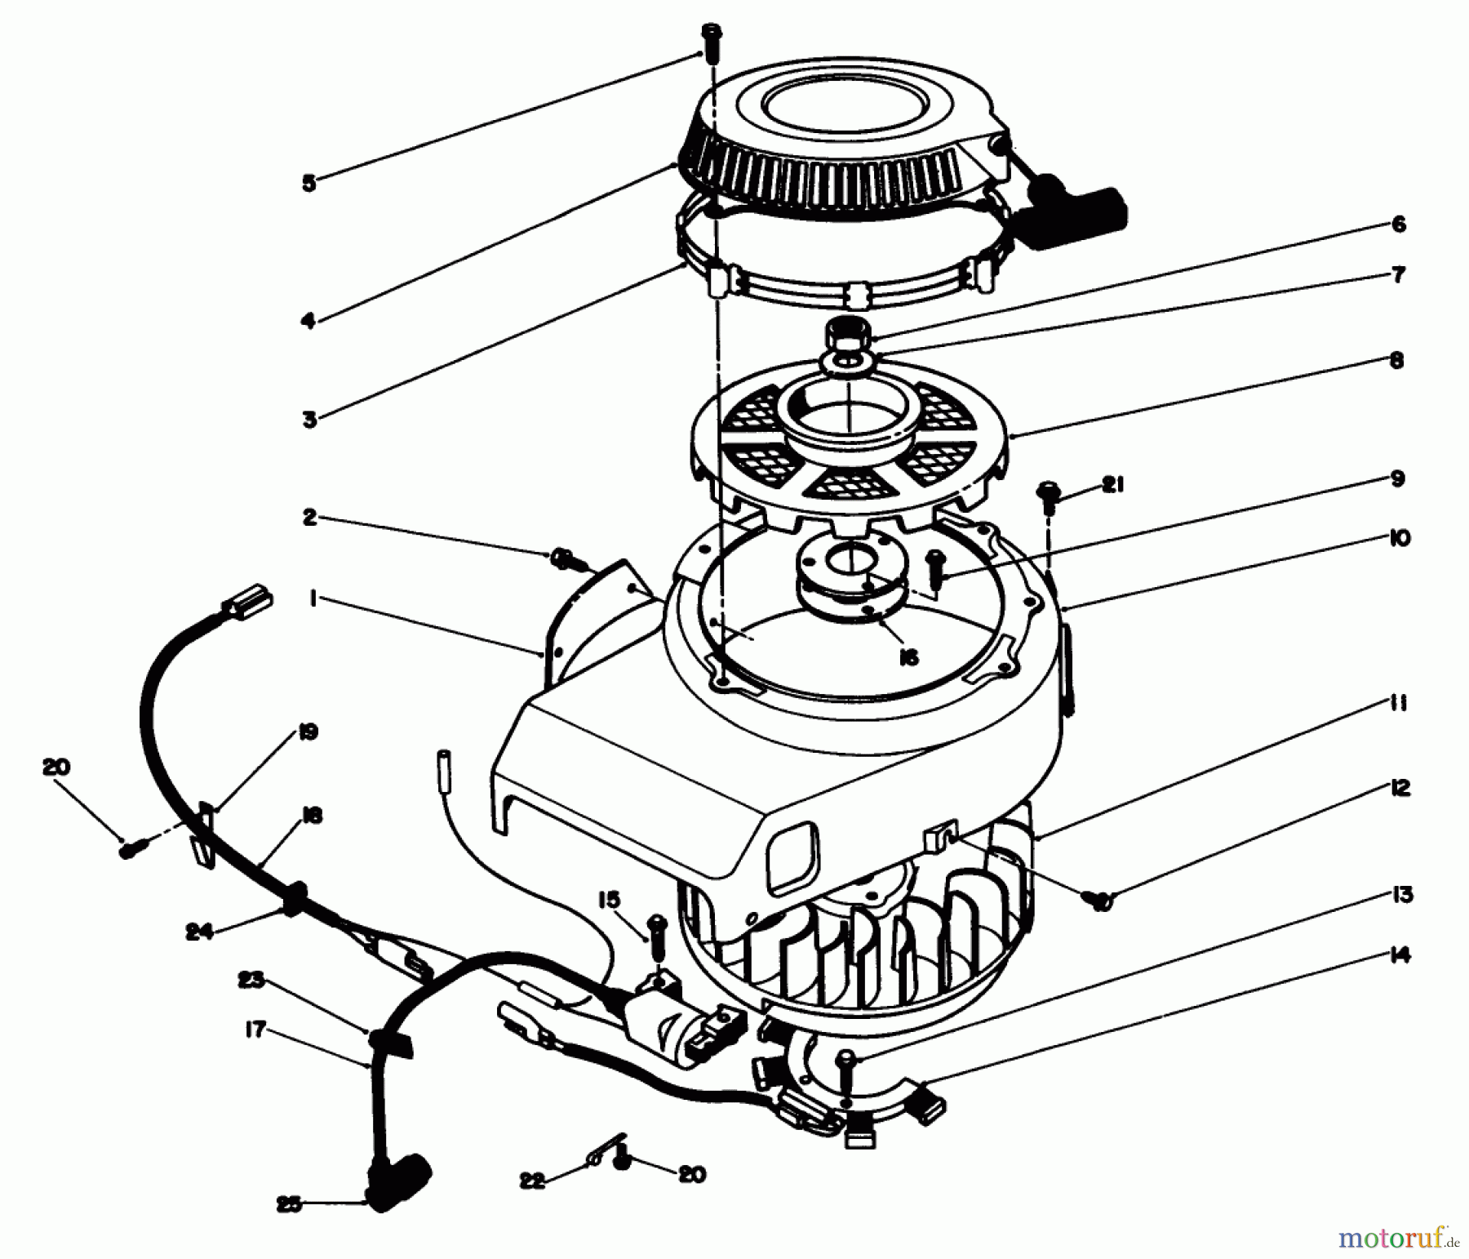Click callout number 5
pos(308,183)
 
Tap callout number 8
pos(1396,360)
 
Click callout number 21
pos(1112,485)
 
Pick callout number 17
pos(255,1030)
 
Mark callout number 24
pos(199,931)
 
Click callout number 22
pos(532,1181)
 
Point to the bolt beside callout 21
pos(1048,496)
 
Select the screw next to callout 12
pos(1098,898)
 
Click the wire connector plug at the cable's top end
pos(248,602)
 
